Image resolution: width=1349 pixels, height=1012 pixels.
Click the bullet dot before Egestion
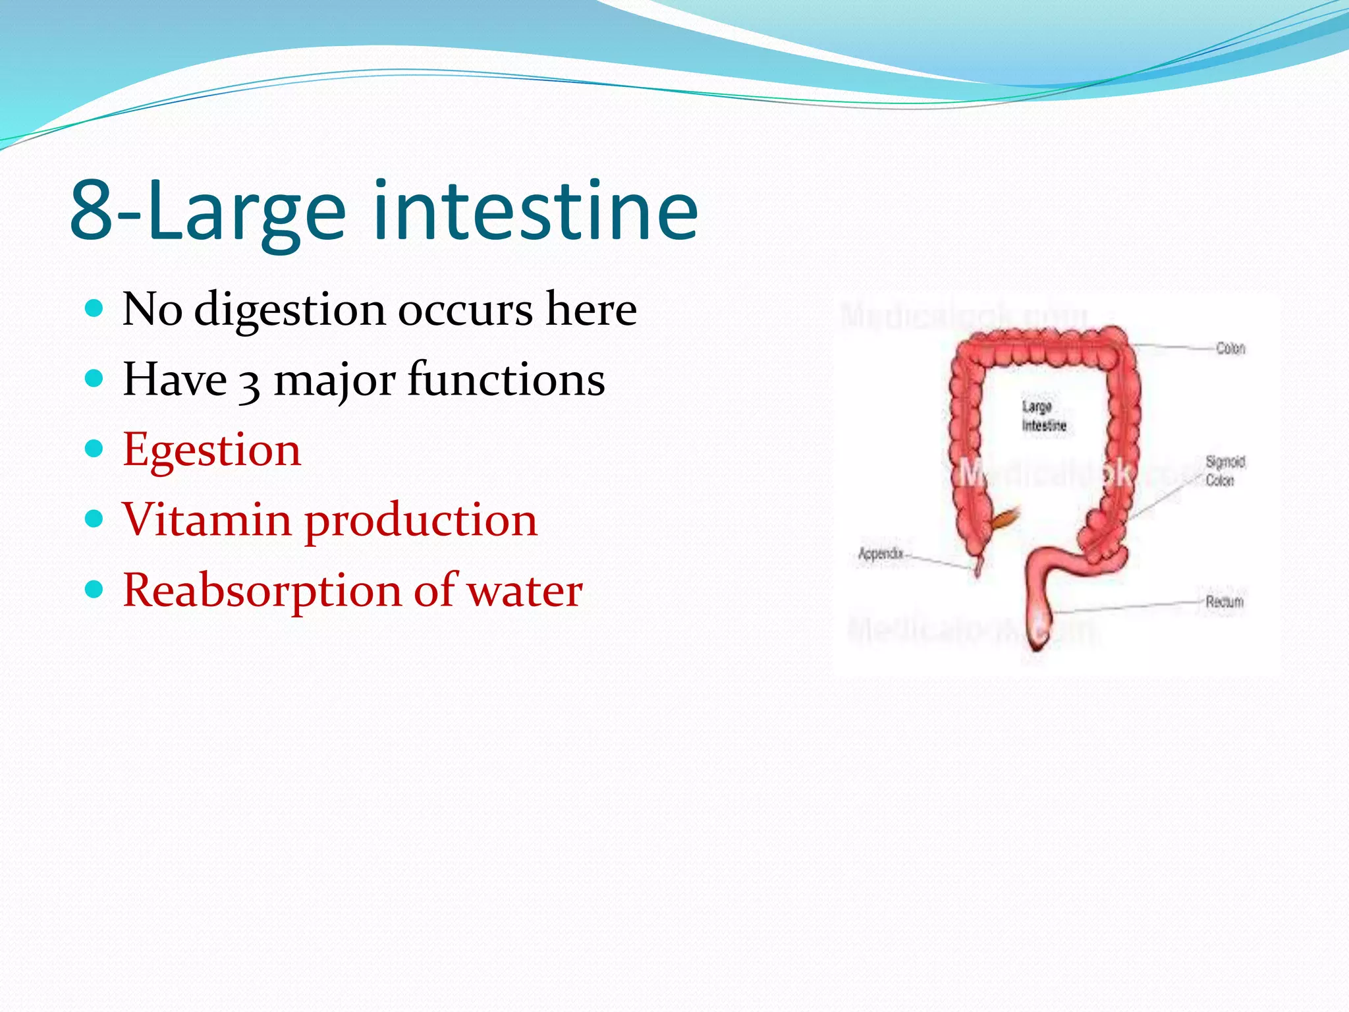(95, 449)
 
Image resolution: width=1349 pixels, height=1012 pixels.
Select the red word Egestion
(211, 451)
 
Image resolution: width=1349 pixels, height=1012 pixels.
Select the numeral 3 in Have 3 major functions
(249, 383)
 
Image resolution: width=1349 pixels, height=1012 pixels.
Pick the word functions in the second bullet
(506, 380)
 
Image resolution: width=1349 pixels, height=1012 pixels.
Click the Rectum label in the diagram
(1225, 602)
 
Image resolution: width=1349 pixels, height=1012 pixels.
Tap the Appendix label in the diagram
(880, 553)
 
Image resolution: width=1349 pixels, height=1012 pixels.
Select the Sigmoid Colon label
(1225, 470)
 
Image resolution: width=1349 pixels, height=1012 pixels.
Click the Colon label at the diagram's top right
(1230, 348)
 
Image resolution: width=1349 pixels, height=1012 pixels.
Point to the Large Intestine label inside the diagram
(1043, 416)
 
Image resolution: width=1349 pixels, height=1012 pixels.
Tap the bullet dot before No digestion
(95, 308)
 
